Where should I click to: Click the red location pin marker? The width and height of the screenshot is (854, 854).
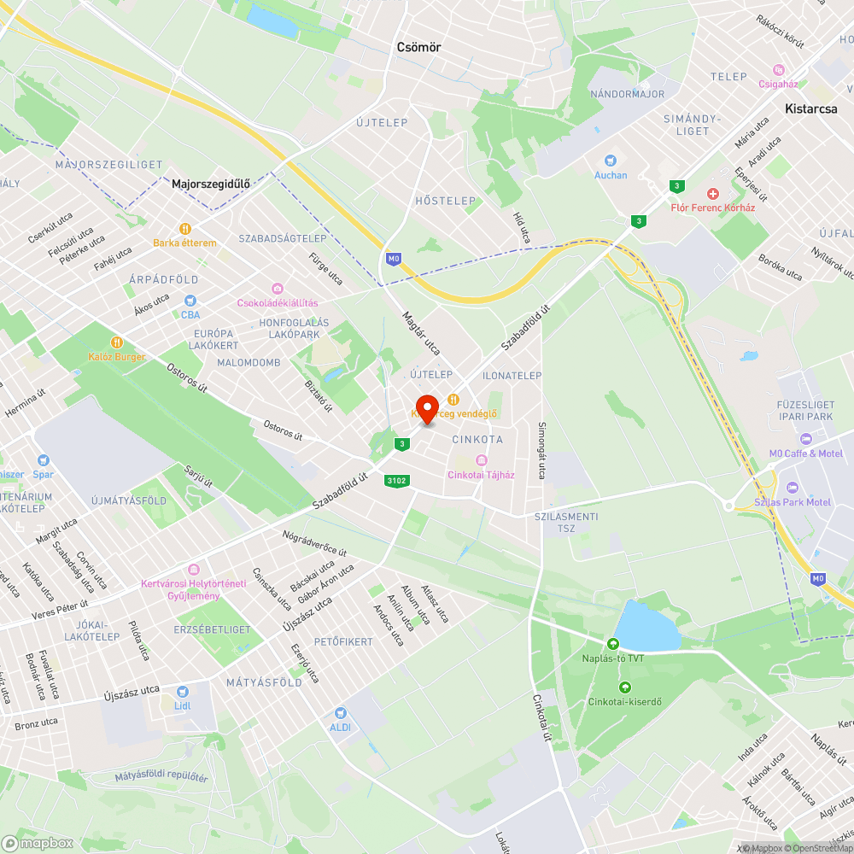[426, 408]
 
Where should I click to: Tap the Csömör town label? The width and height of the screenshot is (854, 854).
[418, 48]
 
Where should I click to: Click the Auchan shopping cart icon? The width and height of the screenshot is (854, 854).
[610, 160]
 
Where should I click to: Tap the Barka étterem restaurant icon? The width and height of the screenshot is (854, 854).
[184, 228]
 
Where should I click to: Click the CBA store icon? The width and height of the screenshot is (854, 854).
[190, 301]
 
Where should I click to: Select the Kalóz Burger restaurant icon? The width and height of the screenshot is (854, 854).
[117, 342]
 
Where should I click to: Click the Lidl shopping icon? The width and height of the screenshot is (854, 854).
[182, 692]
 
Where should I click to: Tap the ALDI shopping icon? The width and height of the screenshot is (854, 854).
[340, 712]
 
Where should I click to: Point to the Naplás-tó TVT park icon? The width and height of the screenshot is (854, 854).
[612, 643]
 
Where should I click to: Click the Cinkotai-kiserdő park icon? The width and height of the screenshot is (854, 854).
[624, 687]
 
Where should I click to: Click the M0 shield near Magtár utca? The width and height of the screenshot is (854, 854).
[393, 258]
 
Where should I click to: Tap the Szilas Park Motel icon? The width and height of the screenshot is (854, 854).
[792, 488]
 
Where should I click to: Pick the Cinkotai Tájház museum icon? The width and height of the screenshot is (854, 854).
[482, 460]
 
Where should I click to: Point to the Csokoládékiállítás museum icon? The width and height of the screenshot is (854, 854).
[277, 289]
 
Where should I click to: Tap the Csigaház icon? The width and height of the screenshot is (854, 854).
[778, 69]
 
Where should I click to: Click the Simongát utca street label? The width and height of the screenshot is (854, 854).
[541, 449]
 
